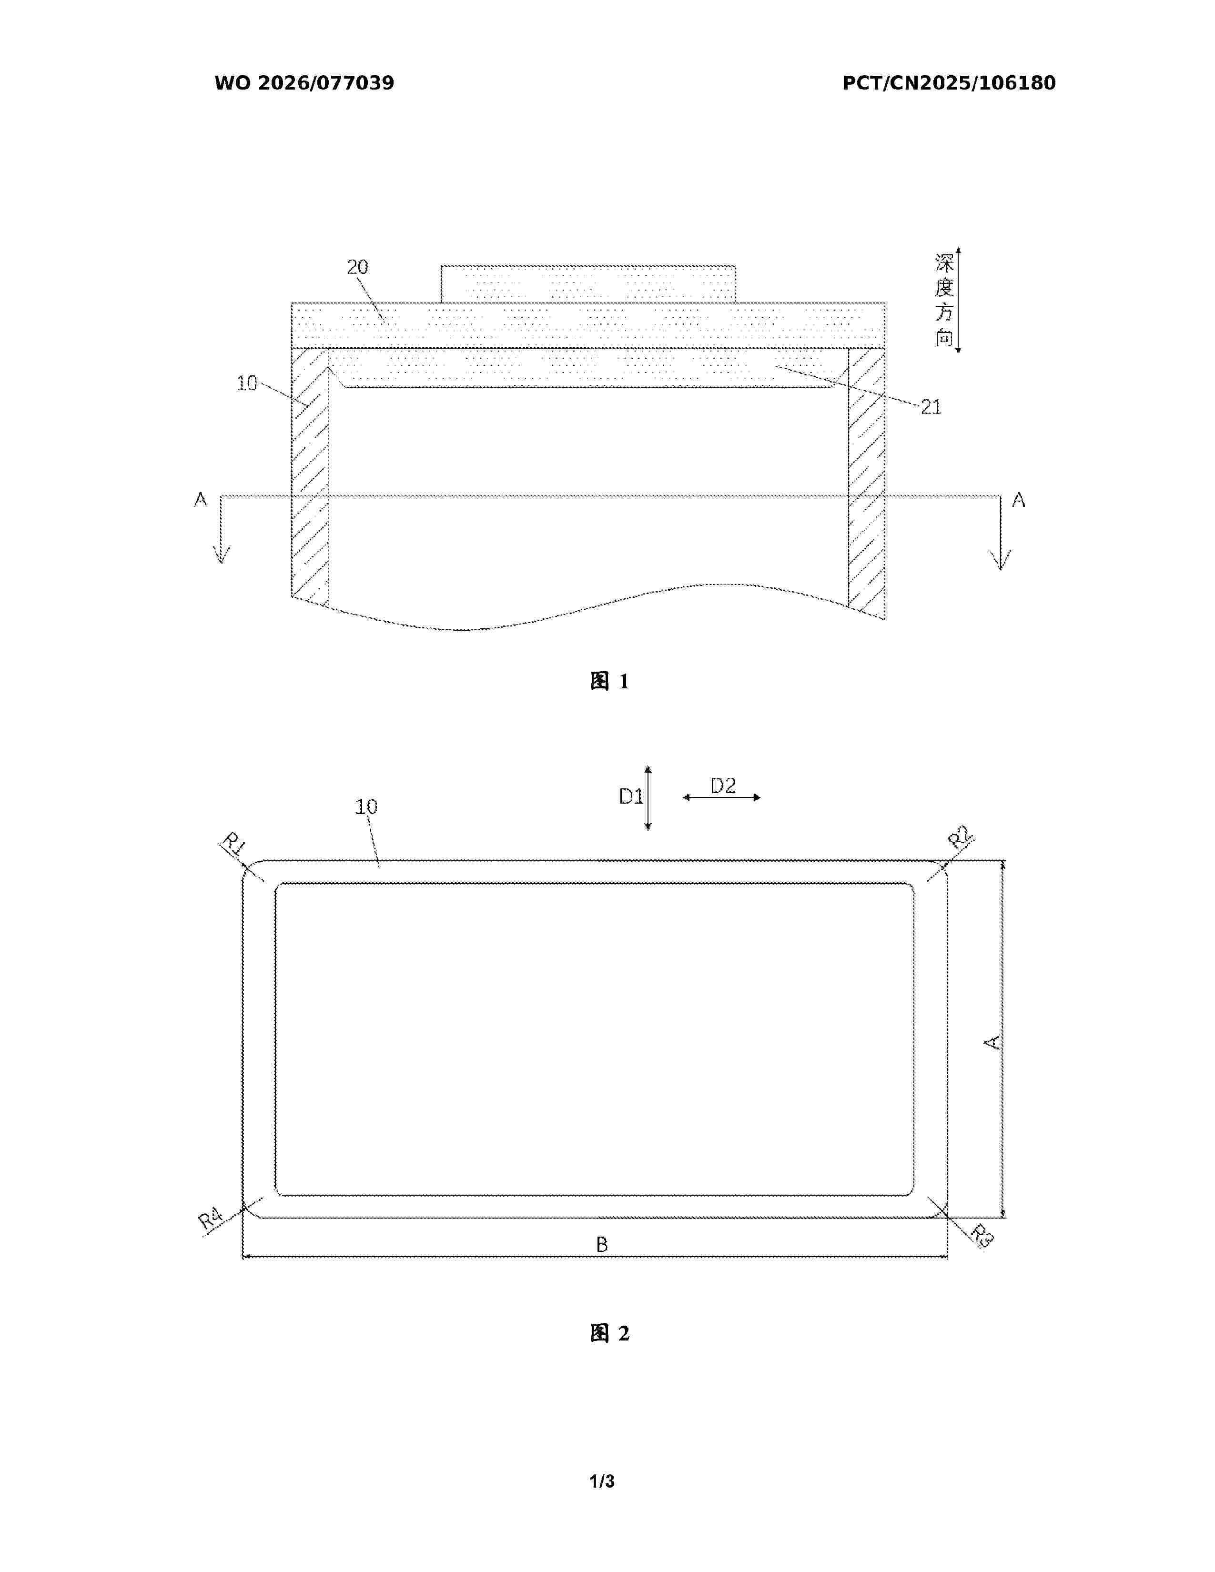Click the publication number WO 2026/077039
point(304,83)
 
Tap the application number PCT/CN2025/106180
point(949,83)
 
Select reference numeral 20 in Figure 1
point(358,267)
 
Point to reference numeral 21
point(931,407)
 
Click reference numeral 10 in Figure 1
point(247,383)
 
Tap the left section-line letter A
point(201,500)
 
